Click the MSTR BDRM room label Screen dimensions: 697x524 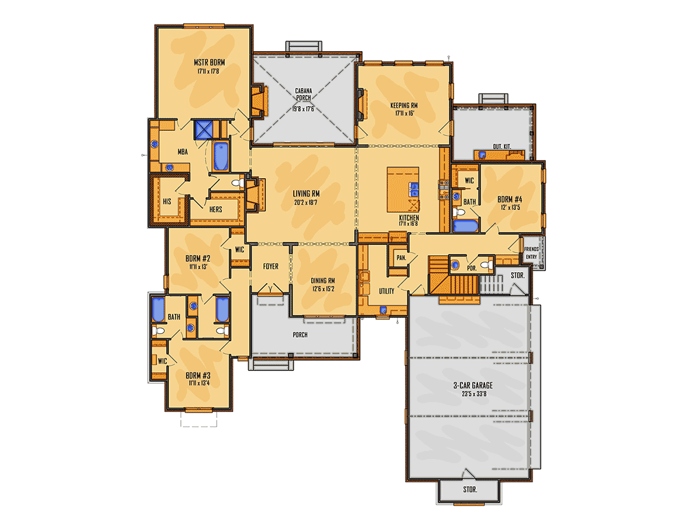(x=209, y=63)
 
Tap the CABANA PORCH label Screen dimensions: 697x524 (x=304, y=95)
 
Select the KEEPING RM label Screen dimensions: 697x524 (x=404, y=105)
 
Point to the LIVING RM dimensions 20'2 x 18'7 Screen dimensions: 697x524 (x=306, y=203)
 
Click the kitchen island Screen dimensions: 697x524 (x=403, y=189)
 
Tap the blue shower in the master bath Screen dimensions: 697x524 (x=203, y=130)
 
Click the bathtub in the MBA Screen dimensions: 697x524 (x=221, y=156)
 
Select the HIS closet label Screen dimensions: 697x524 (x=167, y=201)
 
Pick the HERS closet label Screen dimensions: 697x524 (x=215, y=209)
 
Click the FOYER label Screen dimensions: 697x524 (x=271, y=266)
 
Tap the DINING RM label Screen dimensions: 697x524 (x=322, y=281)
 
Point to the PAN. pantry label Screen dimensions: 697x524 (x=401, y=258)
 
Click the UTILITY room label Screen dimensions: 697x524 (x=386, y=291)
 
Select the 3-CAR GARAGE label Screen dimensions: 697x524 (x=473, y=385)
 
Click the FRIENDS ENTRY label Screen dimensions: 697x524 (x=531, y=253)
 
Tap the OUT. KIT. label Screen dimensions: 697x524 (x=502, y=147)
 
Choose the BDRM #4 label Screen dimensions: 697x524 (x=509, y=199)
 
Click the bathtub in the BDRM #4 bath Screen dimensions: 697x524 (x=465, y=226)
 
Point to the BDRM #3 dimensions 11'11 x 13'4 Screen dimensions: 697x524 (x=199, y=383)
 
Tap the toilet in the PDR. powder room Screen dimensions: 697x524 (x=486, y=264)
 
